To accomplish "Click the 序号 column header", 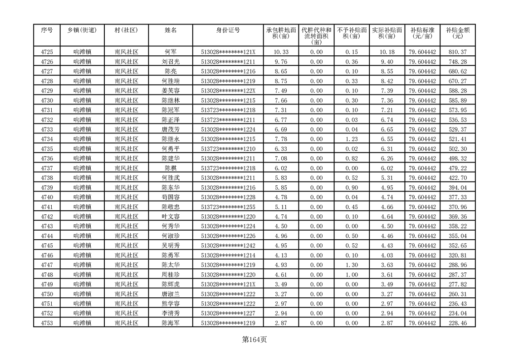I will [47, 30].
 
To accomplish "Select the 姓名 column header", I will [171, 30].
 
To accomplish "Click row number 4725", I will [47, 52].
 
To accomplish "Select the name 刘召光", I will [171, 62].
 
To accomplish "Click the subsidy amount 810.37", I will [457, 52].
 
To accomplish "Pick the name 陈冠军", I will [171, 110].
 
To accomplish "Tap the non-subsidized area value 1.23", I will [352, 139].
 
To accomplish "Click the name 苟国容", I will [171, 197].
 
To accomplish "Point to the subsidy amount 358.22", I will [457, 227].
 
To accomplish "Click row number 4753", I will [47, 323].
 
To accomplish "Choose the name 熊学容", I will [171, 304].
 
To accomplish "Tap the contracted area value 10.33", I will [281, 52].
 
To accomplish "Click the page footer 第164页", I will [254, 340].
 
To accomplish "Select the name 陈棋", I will [171, 168].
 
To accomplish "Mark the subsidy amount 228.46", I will [457, 323].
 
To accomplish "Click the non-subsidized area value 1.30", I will [352, 265].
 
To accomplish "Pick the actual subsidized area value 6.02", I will [387, 168].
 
